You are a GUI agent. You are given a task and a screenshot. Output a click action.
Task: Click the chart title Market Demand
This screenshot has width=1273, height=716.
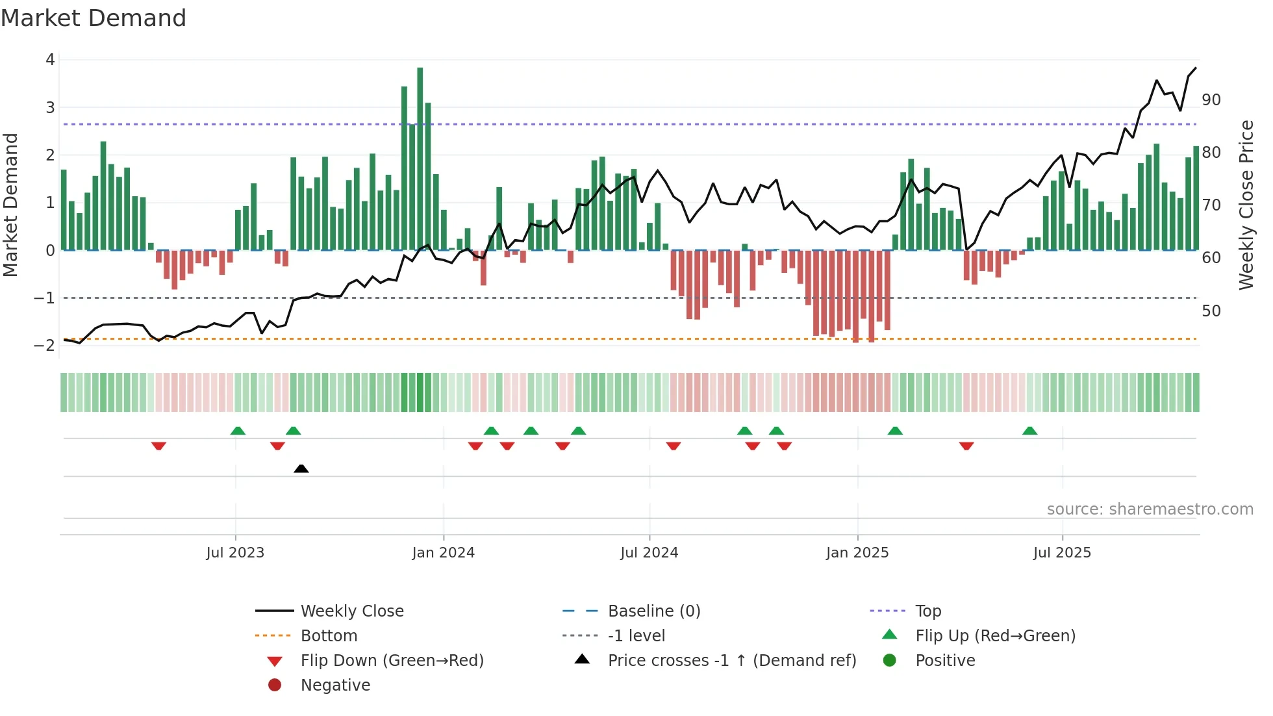tap(94, 18)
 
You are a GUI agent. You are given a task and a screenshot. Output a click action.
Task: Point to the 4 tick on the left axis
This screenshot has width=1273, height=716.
tap(50, 60)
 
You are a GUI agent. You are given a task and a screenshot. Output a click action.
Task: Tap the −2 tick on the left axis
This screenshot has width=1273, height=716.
tap(45, 346)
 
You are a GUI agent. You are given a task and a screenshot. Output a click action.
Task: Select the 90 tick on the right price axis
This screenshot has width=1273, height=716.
tap(1211, 100)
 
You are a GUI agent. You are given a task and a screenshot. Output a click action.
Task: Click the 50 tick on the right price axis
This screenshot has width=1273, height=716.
tap(1211, 311)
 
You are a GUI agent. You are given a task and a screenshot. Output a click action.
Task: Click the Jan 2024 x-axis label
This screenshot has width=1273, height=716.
tap(444, 553)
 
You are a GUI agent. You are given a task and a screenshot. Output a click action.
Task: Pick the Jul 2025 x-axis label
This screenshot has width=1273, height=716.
tap(1062, 553)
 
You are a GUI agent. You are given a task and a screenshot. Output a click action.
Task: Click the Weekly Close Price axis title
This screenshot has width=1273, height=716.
tap(1246, 205)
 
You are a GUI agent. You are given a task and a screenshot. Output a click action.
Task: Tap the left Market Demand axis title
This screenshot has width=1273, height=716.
tap(11, 205)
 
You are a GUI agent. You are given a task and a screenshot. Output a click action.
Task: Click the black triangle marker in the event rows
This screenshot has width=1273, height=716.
tap(301, 468)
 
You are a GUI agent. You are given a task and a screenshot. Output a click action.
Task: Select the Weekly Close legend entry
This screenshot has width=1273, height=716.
tap(351, 611)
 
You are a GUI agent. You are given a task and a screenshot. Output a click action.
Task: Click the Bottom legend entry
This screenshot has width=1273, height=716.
tap(329, 636)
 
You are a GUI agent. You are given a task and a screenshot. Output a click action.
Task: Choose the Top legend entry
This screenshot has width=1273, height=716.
tap(928, 611)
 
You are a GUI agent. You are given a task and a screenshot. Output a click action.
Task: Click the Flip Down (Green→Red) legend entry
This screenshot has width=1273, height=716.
tap(392, 661)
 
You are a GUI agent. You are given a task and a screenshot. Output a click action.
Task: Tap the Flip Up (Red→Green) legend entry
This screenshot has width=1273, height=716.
tap(995, 636)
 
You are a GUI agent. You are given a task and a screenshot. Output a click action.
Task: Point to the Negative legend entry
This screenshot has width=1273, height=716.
tap(335, 685)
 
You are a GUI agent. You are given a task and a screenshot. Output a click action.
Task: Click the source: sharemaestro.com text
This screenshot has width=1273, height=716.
tap(1150, 509)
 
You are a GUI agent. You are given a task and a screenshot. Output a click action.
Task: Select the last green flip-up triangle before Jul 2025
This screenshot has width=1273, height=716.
tap(1030, 431)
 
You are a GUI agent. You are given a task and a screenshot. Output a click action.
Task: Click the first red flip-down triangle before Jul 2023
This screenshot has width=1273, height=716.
tap(159, 446)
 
